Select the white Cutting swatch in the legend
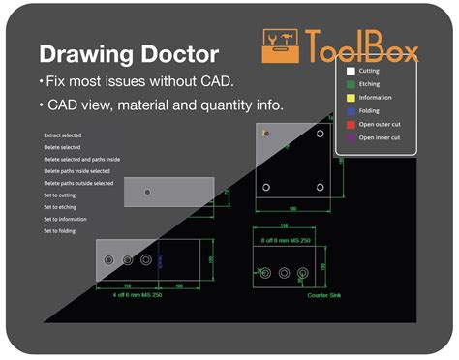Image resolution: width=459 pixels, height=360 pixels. [351, 71]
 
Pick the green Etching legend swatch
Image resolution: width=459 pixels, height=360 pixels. [351, 84]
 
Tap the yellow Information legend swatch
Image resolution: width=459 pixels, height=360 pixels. [351, 98]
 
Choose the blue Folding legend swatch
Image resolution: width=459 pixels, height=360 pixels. [351, 111]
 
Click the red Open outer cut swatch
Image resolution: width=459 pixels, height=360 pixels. [351, 125]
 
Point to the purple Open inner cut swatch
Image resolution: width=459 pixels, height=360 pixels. [351, 138]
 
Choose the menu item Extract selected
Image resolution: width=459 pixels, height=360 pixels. [66, 135]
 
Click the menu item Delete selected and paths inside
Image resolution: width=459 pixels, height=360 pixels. [81, 159]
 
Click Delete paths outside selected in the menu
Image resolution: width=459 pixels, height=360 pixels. [78, 183]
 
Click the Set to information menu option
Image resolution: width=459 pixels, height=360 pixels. [66, 220]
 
